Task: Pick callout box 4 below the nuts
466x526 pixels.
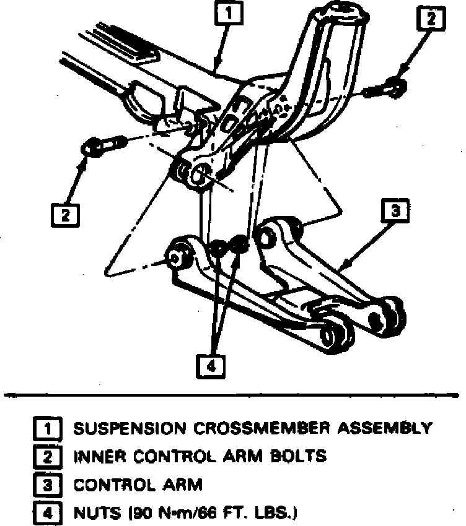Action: (x=210, y=366)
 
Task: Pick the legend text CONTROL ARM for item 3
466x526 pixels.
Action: (x=138, y=485)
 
